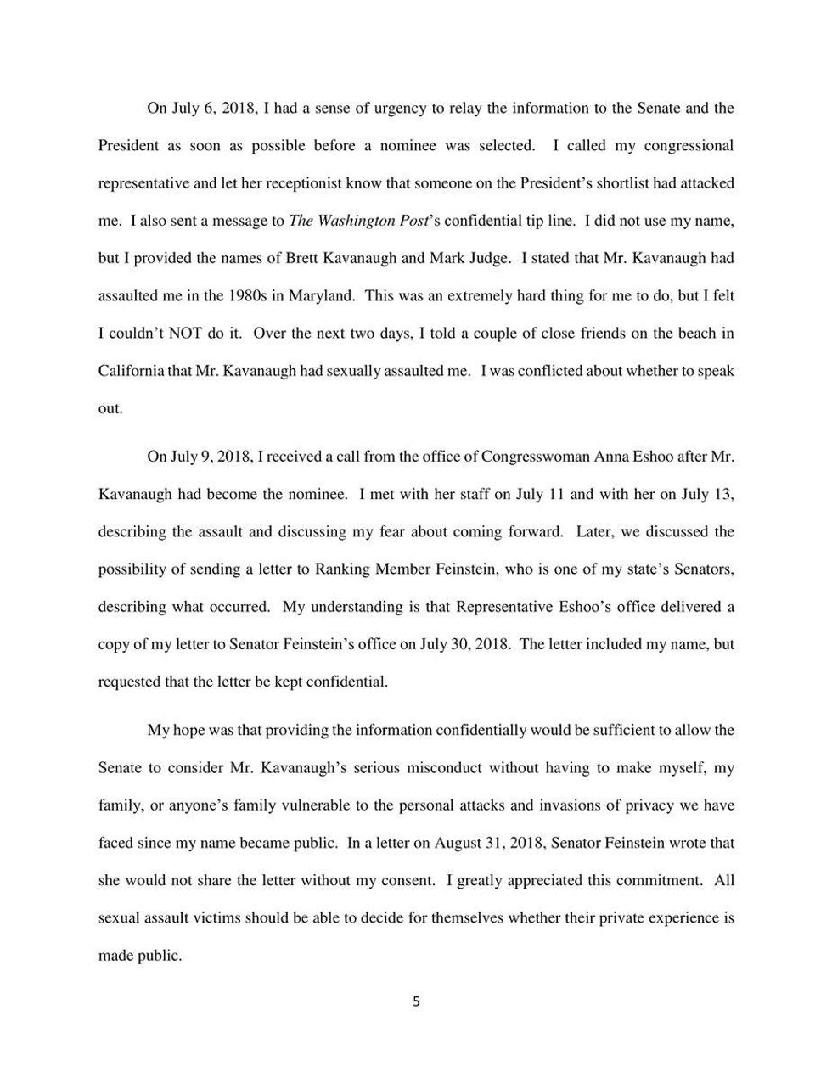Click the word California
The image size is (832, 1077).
click(x=131, y=370)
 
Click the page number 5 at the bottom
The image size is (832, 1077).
click(x=416, y=1001)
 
